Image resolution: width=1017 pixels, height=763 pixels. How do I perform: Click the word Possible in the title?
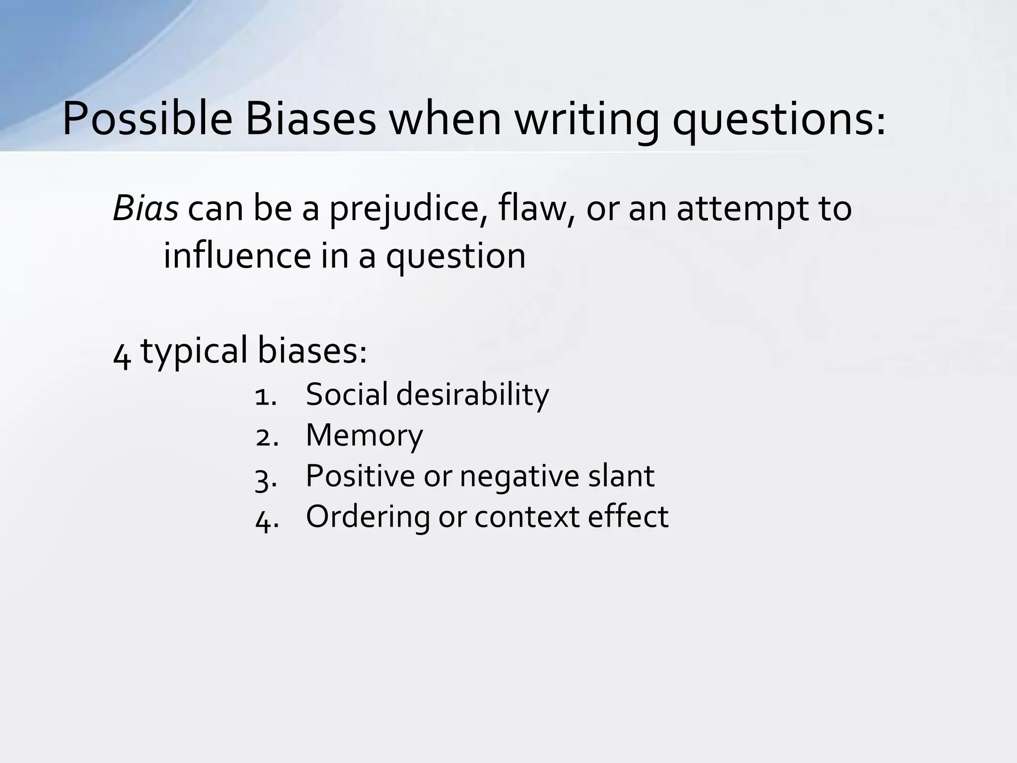pos(147,120)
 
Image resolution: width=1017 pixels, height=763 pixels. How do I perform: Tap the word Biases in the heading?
pos(310,120)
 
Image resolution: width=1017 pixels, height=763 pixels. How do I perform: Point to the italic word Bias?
pos(145,209)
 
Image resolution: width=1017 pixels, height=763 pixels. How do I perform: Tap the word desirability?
pos(473,395)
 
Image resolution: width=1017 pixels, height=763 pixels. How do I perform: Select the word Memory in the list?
pos(364,436)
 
